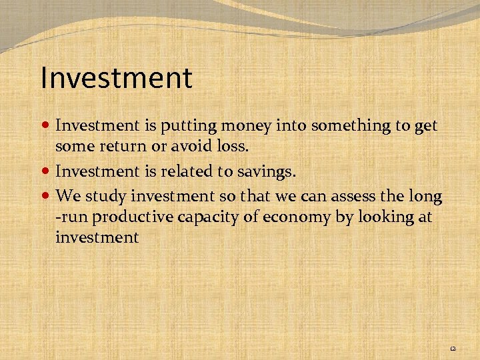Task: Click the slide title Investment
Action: point(116,77)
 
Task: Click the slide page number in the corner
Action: point(453,348)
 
